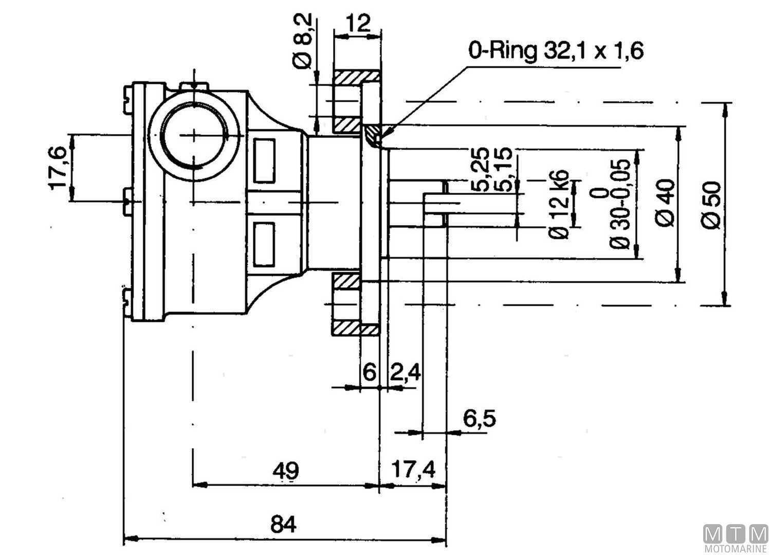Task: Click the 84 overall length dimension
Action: (x=284, y=525)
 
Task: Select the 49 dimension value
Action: (x=285, y=470)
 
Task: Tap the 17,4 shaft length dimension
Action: (x=413, y=469)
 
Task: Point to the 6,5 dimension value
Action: (x=479, y=419)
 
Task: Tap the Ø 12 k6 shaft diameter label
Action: (x=559, y=203)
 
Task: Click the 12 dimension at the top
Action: (x=358, y=23)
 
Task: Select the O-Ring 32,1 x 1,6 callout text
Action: (x=556, y=51)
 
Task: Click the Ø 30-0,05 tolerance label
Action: (x=619, y=203)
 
